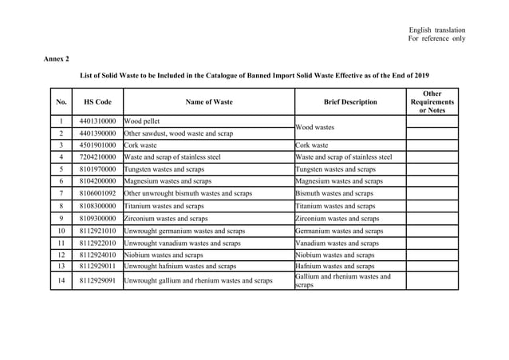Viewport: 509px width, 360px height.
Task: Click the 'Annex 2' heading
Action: tap(56, 58)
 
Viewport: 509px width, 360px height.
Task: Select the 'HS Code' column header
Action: tap(98, 102)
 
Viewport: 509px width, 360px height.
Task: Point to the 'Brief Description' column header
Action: tap(349, 102)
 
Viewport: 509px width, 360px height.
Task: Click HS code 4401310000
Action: tap(98, 121)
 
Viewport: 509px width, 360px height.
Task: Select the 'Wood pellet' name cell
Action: tap(143, 121)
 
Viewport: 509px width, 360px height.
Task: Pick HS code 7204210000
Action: tap(98, 157)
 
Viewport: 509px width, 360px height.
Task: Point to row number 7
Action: tap(61, 193)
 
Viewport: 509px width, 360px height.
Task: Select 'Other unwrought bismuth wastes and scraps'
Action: tap(188, 193)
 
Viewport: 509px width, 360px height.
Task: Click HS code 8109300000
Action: tap(98, 218)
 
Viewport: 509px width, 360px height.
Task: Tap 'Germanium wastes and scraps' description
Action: tap(337, 230)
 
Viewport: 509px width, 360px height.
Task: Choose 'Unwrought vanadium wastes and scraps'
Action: tap(183, 243)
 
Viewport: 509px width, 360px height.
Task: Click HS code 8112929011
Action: tap(98, 267)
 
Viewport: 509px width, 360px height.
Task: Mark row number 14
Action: tap(61, 281)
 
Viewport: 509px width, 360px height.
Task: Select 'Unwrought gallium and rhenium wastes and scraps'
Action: tap(199, 281)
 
